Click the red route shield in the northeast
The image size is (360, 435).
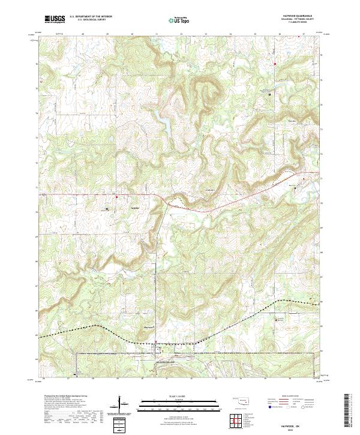pyautogui.click(x=275, y=64)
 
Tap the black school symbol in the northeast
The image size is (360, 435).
pyautogui.click(x=269, y=95)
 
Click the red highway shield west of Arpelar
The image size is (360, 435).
pyautogui.click(x=117, y=196)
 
